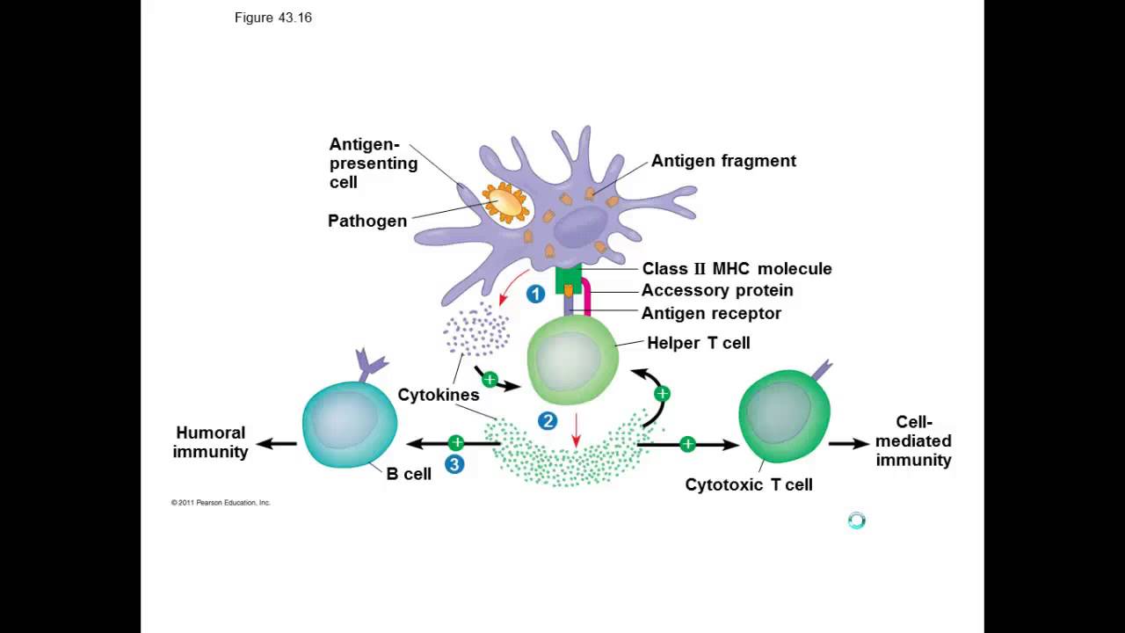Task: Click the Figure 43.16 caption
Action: pos(272,18)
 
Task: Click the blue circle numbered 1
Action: pos(535,295)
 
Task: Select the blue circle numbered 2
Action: pos(548,421)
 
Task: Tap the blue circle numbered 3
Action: pos(454,464)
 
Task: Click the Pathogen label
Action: pos(367,221)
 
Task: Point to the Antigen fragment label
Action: pos(723,161)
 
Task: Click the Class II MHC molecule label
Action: pos(737,269)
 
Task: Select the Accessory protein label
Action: pos(717,290)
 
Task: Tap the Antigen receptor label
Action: pos(711,313)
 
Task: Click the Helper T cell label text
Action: pos(699,343)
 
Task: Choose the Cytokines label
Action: pos(439,396)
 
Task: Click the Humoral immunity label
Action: pos(210,442)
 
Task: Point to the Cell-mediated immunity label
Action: pos(913,441)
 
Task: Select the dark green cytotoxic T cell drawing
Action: pos(784,415)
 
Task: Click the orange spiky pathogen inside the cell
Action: pos(505,203)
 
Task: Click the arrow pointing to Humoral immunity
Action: pos(276,444)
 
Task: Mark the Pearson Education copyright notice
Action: pos(221,503)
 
